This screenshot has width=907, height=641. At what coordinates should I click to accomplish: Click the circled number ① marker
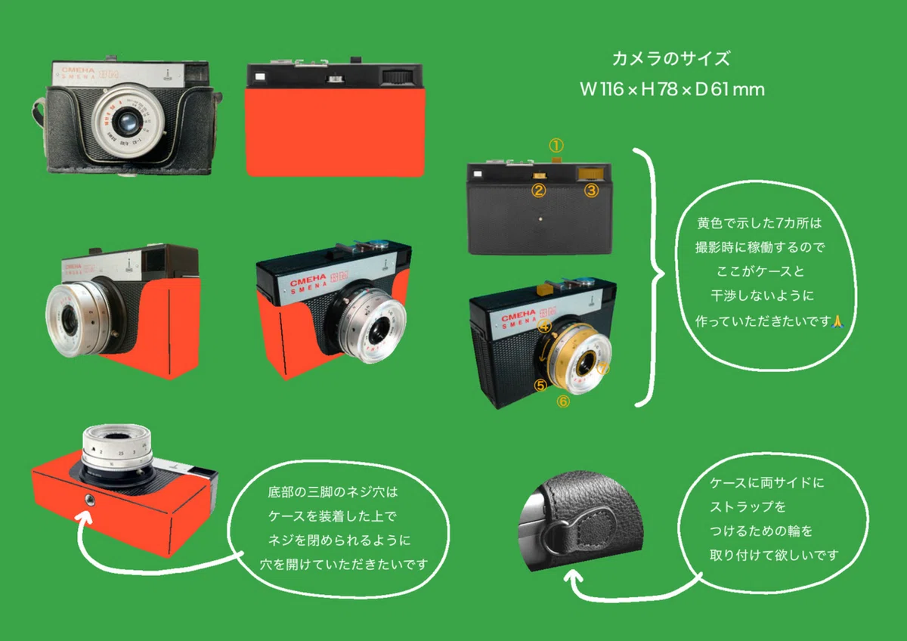(556, 145)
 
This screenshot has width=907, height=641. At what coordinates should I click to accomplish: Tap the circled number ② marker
(538, 190)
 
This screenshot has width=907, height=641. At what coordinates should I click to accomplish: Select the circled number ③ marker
(591, 190)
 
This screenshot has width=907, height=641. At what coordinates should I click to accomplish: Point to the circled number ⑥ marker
(563, 401)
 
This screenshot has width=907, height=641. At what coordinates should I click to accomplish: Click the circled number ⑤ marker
(540, 385)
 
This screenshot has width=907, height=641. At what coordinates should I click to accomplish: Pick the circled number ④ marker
(545, 325)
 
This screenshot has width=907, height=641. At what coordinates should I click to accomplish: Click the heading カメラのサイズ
(671, 59)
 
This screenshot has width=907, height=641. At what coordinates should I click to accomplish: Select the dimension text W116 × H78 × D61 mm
(672, 89)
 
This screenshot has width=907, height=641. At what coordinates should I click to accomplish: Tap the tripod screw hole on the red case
(89, 500)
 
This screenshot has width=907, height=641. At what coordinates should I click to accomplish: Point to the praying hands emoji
(837, 321)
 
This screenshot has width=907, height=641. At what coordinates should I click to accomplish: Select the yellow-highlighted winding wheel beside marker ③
(590, 174)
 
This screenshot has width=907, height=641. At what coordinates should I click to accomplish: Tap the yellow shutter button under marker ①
(556, 159)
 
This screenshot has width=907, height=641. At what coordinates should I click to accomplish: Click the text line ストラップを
(748, 506)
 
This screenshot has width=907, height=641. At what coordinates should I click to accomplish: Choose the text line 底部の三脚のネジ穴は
(333, 492)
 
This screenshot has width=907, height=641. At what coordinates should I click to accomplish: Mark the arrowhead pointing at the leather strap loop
(574, 575)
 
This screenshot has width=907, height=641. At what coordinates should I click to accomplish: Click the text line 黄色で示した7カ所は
(759, 223)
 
